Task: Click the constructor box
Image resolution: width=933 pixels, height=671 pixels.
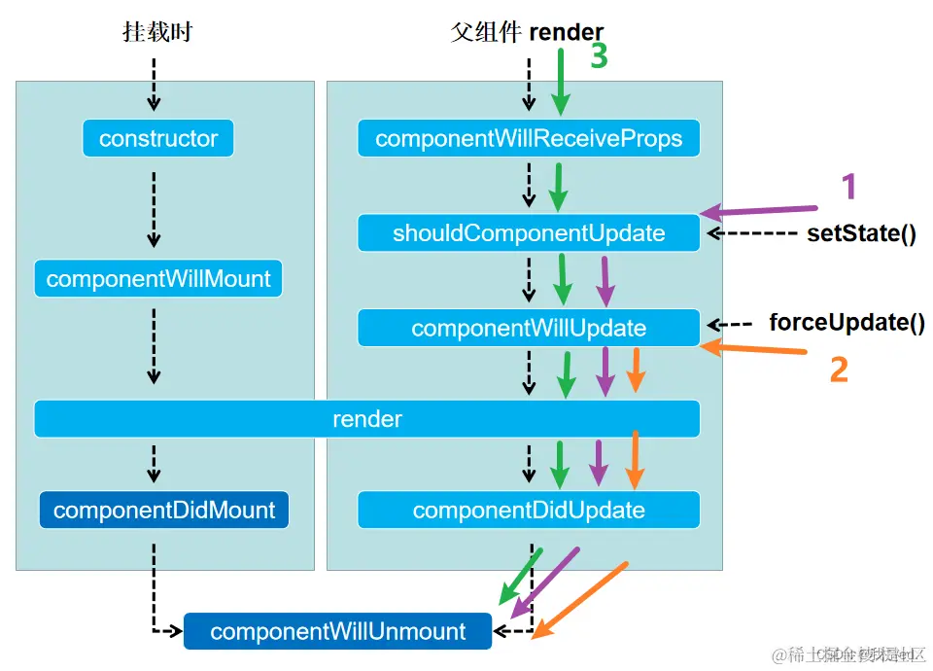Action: pyautogui.click(x=158, y=138)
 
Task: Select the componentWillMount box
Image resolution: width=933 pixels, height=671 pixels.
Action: pyautogui.click(x=158, y=279)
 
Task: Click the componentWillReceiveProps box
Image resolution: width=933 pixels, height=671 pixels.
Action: pyautogui.click(x=529, y=138)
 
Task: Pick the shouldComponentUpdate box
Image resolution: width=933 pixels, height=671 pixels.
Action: pyautogui.click(x=529, y=233)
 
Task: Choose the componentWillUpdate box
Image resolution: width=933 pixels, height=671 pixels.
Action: pyautogui.click(x=529, y=328)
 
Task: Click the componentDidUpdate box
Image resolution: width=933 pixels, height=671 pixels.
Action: pyautogui.click(x=529, y=511)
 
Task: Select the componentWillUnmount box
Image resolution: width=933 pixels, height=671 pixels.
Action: pyautogui.click(x=338, y=631)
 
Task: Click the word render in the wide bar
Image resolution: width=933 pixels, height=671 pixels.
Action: pyautogui.click(x=367, y=419)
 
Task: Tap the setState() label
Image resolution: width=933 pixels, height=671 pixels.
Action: pyautogui.click(x=861, y=233)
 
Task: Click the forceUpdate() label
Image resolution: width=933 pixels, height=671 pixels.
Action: pyautogui.click(x=847, y=323)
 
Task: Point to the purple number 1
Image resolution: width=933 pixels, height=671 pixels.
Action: pyautogui.click(x=848, y=185)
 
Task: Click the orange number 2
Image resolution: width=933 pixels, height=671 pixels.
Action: pyautogui.click(x=838, y=369)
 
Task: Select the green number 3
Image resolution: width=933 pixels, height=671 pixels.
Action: pyautogui.click(x=599, y=56)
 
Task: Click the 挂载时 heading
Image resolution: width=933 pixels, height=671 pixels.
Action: pyautogui.click(x=157, y=32)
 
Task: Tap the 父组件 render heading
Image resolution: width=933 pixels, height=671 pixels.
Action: pyautogui.click(x=527, y=32)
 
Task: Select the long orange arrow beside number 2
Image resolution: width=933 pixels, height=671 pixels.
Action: pyautogui.click(x=754, y=348)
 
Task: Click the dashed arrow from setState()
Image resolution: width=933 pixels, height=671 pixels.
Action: pyautogui.click(x=752, y=233)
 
